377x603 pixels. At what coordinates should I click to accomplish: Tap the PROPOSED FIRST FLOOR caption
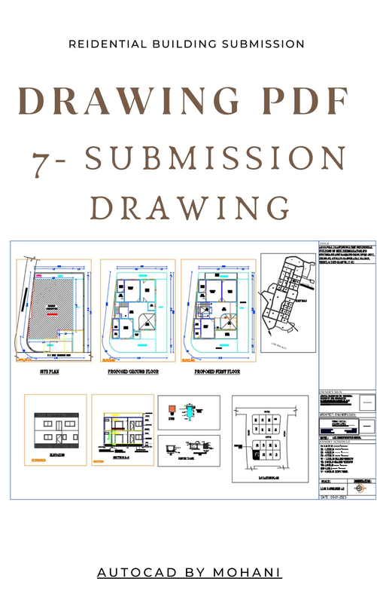pos(217,372)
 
